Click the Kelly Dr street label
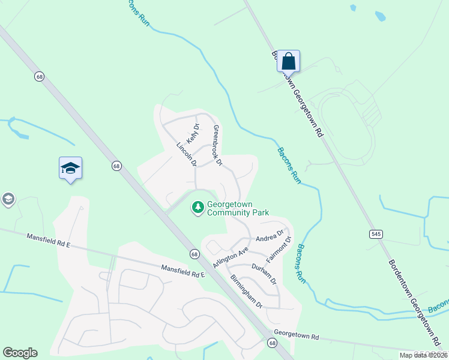coord(192,133)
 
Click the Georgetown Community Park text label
coord(238,208)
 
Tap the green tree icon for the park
coord(197,208)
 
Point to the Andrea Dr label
coord(270,236)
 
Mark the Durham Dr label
coord(264,273)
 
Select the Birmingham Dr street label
coord(247,291)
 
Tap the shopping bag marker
coord(288,61)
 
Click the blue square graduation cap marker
coord(70,169)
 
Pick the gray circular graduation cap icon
coord(8,199)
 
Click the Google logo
coord(20,353)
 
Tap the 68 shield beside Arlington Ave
coord(194,254)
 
